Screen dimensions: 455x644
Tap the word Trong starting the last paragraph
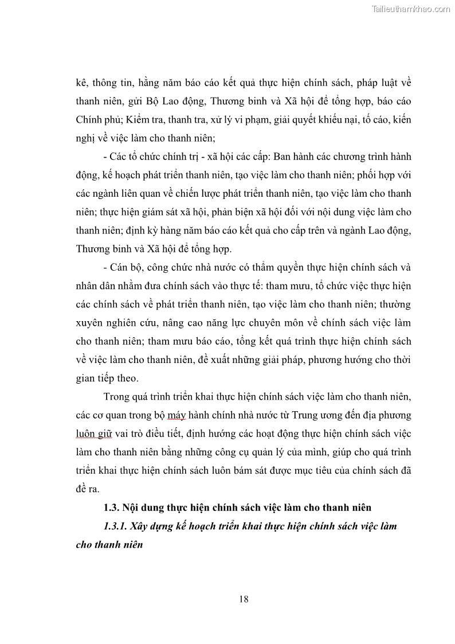117,396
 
